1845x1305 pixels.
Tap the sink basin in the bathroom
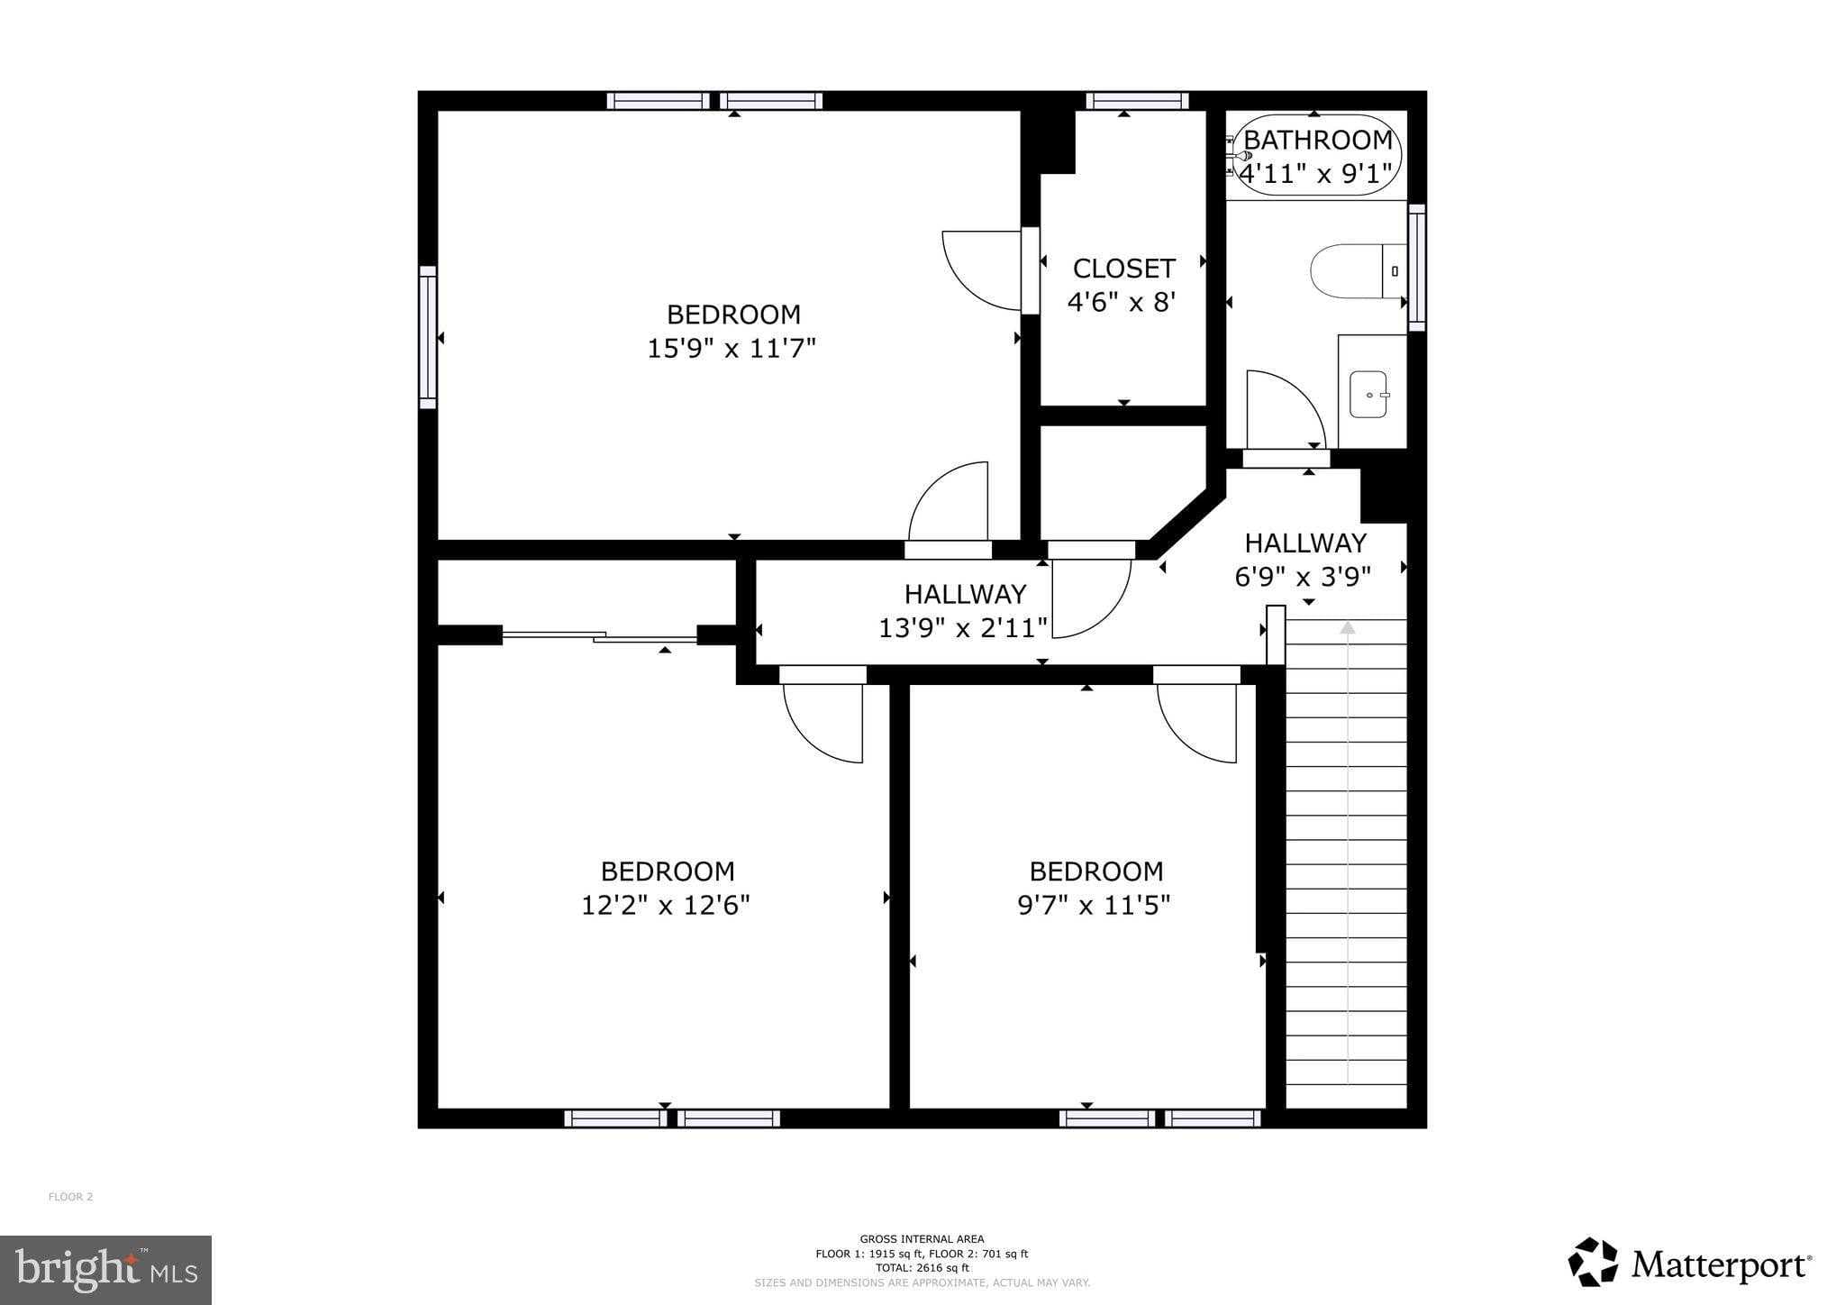(1369, 395)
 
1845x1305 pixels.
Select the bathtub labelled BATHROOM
(1315, 155)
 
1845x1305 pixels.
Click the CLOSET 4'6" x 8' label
(1122, 285)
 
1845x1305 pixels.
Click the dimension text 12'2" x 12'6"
(665, 905)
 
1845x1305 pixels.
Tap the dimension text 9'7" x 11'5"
(1094, 905)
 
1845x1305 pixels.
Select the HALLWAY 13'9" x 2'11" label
(964, 610)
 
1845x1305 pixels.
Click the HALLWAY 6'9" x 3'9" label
(1304, 559)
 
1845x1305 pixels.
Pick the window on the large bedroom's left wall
(428, 337)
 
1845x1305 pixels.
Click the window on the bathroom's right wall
(1416, 267)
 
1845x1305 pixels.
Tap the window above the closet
(1137, 101)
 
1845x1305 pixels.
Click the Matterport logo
(1689, 1264)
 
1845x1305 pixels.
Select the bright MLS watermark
(106, 1269)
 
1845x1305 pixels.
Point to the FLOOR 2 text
(70, 1197)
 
